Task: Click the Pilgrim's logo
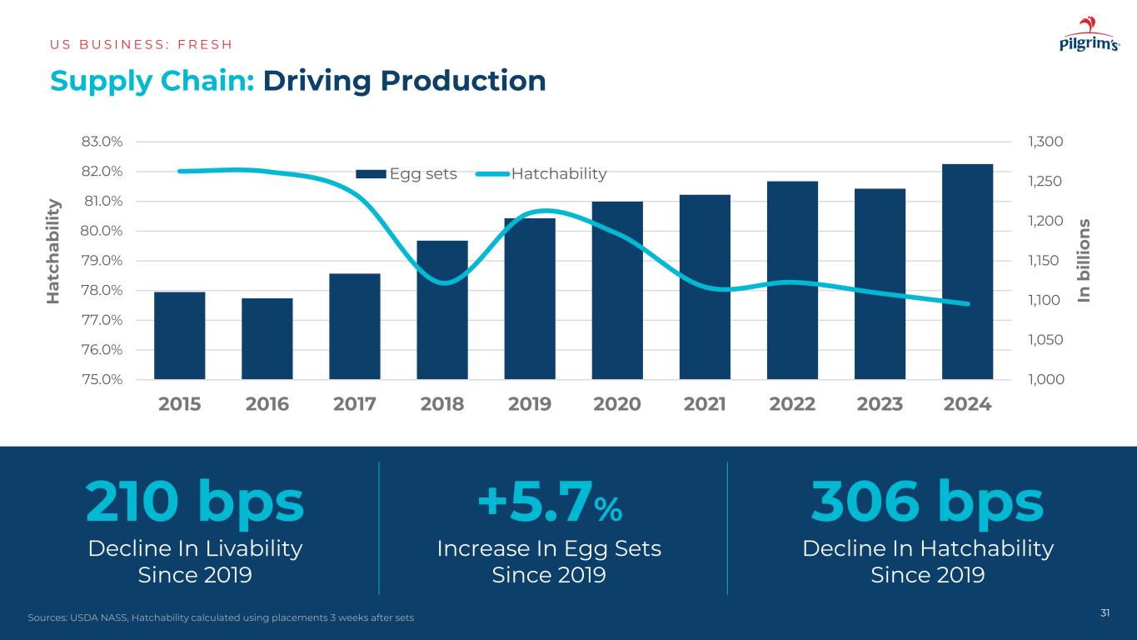tap(1089, 37)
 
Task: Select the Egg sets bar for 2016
tap(267, 338)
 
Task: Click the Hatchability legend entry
tap(541, 173)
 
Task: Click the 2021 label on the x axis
tap(705, 404)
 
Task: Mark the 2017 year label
tap(355, 404)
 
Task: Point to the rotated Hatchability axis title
tap(54, 251)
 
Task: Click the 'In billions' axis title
tap(1085, 260)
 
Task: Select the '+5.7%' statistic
tap(549, 502)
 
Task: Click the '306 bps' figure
tap(927, 502)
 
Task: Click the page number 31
tap(1105, 613)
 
